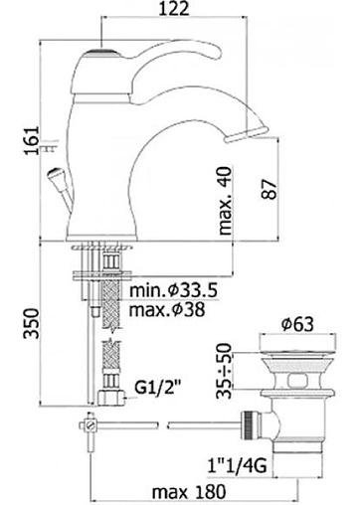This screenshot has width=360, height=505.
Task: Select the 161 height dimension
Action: (x=33, y=140)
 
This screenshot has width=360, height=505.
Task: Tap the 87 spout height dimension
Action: (x=269, y=189)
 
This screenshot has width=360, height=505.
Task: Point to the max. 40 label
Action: (x=225, y=201)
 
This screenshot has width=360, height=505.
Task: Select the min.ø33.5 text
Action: (x=173, y=290)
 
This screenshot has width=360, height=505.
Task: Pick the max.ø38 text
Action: (x=167, y=310)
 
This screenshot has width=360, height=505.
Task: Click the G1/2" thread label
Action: (x=160, y=388)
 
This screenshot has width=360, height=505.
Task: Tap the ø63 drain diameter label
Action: (x=297, y=324)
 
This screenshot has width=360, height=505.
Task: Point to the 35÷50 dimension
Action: (x=224, y=371)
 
